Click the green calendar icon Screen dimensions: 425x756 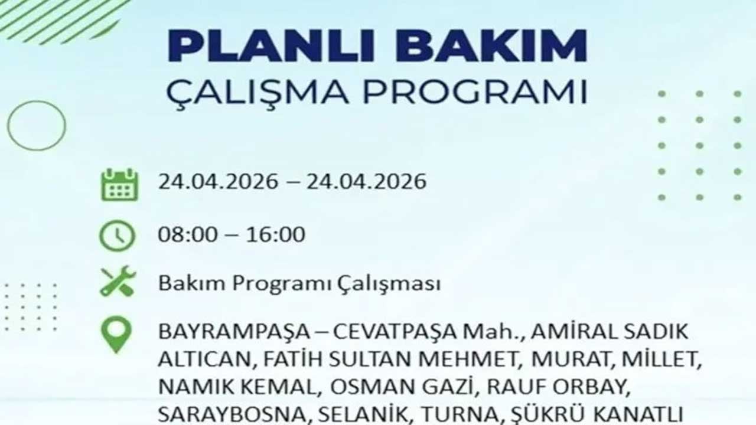coord(119,184)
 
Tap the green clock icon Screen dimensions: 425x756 coord(117,236)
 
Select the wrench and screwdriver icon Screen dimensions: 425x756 coord(118,282)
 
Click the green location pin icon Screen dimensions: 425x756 coord(116,334)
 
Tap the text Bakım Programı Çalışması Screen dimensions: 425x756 coord(299,283)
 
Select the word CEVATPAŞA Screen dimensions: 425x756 coord(395,332)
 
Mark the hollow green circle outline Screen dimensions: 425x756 coord(37,125)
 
